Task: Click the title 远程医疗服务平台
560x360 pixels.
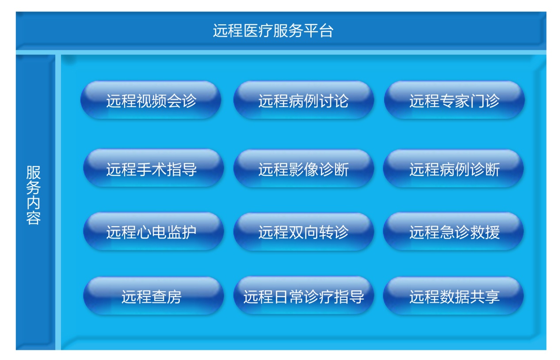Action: [x=273, y=31]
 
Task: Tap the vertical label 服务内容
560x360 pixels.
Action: [x=33, y=195]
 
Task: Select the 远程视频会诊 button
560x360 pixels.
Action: [x=151, y=100]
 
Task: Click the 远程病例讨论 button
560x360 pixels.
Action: [x=304, y=100]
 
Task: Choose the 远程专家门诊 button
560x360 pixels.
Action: [x=454, y=100]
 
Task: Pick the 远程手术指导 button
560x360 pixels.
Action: [x=153, y=168]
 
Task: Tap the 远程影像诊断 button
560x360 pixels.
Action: [x=304, y=168]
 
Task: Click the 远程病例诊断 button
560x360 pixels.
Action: [x=453, y=168]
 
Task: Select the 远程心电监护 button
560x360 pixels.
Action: [x=153, y=231]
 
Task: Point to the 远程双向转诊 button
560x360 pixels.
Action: [x=304, y=231]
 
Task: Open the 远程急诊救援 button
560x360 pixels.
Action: [x=453, y=231]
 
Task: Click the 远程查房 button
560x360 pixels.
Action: [x=153, y=296]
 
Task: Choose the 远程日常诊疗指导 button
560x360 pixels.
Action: [x=304, y=296]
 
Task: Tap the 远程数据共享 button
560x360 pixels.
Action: [x=453, y=296]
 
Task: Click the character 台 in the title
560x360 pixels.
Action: [x=326, y=31]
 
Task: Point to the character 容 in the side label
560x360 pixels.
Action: [x=33, y=218]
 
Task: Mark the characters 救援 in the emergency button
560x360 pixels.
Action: [x=485, y=232]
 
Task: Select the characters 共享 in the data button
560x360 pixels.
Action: [x=485, y=297]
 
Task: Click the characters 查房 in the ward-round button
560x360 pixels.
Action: [x=167, y=297]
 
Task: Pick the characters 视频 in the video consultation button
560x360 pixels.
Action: [x=152, y=101]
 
